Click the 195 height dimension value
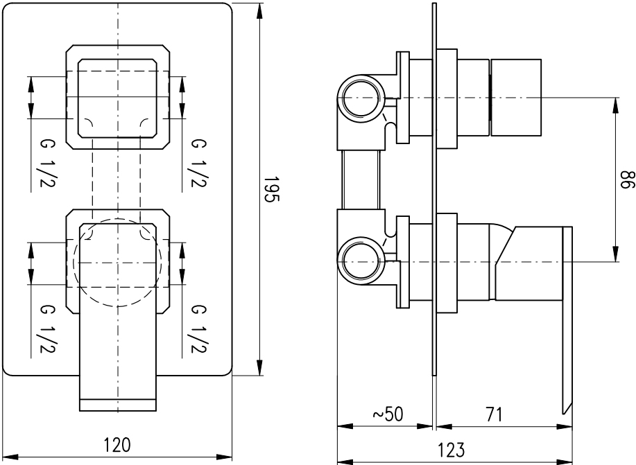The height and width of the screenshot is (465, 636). pyautogui.click(x=272, y=189)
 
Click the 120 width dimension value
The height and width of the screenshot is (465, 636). pyautogui.click(x=117, y=445)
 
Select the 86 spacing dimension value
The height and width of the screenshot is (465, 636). pyautogui.click(x=628, y=180)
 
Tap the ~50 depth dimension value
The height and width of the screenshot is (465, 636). pyautogui.click(x=388, y=414)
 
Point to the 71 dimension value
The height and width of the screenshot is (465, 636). pyautogui.click(x=494, y=414)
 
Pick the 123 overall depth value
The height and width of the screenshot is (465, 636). pyautogui.click(x=451, y=450)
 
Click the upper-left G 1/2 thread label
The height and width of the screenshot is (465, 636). pyautogui.click(x=47, y=163)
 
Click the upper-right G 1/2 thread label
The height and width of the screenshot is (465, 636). pyautogui.click(x=199, y=163)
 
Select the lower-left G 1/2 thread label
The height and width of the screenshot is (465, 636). pyautogui.click(x=47, y=328)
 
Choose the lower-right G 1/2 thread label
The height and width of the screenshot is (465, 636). pyautogui.click(x=199, y=328)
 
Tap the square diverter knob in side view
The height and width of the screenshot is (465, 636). pyautogui.click(x=516, y=97)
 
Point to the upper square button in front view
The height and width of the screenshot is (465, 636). pyautogui.click(x=117, y=97)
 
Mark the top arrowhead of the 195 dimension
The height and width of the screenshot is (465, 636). pyautogui.click(x=259, y=10)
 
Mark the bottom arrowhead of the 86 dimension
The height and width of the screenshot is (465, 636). pyautogui.click(x=616, y=254)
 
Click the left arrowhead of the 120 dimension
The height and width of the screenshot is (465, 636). pyautogui.click(x=10, y=457)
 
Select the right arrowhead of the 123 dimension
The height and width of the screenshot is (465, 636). pyautogui.click(x=565, y=462)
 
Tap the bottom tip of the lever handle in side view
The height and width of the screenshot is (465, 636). pyautogui.click(x=564, y=414)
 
